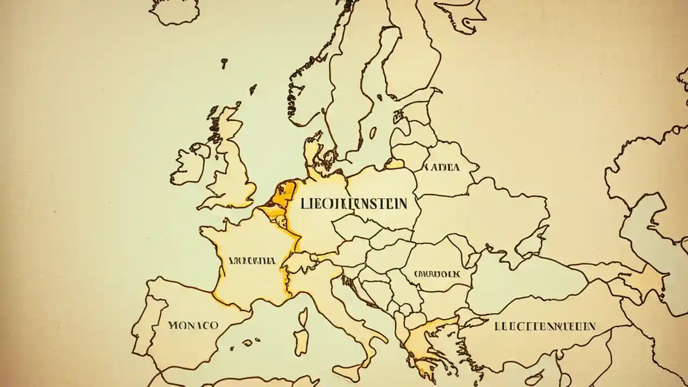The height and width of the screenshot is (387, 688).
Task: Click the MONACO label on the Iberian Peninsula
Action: pos(193,325)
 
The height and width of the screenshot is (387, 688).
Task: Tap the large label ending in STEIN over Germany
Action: pos(354,204)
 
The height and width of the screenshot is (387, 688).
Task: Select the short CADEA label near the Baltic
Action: pos(442,167)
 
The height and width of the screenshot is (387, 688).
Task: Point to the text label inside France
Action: pos(252,261)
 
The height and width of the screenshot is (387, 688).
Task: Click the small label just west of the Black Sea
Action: pos(437,274)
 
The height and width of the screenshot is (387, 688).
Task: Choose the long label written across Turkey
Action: pos(544,326)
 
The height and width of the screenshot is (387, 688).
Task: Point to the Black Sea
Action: pos(527,279)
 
